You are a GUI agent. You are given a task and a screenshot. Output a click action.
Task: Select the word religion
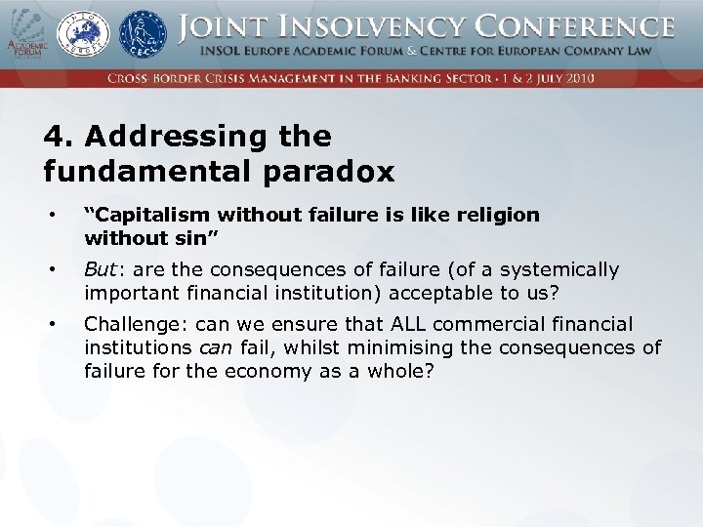pos(498,215)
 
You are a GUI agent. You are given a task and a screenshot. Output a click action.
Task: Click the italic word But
pos(101,269)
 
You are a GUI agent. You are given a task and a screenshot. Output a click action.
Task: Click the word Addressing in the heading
pos(160,137)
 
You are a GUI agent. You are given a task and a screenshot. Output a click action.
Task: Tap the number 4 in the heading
pos(51,137)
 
